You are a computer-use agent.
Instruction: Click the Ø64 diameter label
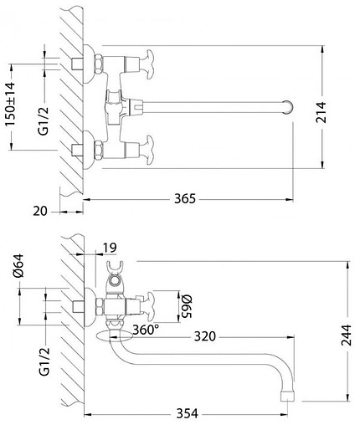click(11, 276)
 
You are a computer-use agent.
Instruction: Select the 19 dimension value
click(111, 248)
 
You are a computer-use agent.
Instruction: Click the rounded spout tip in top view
click(289, 106)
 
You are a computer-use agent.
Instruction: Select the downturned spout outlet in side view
click(287, 391)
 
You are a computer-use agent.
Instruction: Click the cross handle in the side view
click(160, 303)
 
